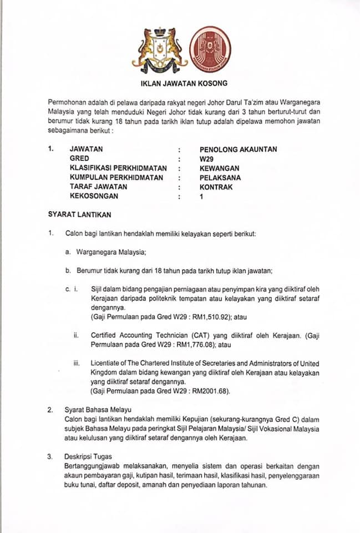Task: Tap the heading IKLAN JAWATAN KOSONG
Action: pyautogui.click(x=182, y=84)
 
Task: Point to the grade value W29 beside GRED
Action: pyautogui.click(x=206, y=159)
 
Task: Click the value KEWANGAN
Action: pyautogui.click(x=220, y=168)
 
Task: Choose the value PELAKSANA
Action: pyautogui.click(x=220, y=178)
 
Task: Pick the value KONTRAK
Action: pyautogui.click(x=216, y=187)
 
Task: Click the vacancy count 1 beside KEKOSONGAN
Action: pyautogui.click(x=201, y=197)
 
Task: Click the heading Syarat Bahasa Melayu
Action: pyautogui.click(x=95, y=410)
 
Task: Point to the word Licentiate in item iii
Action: pyautogui.click(x=104, y=363)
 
